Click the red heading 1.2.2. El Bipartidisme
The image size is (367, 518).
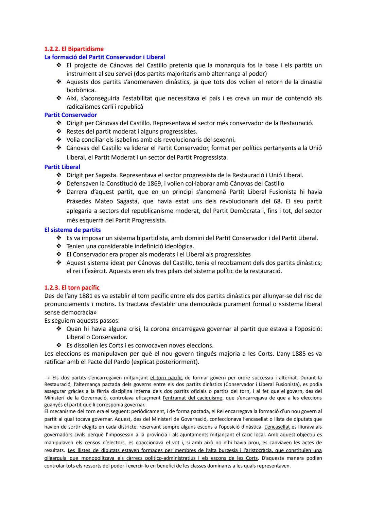point(74,49)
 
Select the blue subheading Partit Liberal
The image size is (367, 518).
point(62,167)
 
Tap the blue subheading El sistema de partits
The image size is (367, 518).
point(72,230)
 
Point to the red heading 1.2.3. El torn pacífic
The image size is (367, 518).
point(72,288)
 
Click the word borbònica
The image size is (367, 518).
point(81,90)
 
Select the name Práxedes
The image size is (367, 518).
point(78,201)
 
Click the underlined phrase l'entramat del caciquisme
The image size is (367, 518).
point(192,398)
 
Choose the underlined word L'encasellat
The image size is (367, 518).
point(277,427)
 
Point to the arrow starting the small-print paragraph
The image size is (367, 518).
point(47,378)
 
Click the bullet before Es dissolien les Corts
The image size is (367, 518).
point(59,345)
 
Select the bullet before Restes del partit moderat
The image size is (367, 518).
point(59,131)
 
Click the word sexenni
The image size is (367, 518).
point(224,140)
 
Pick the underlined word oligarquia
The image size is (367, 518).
point(55,458)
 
